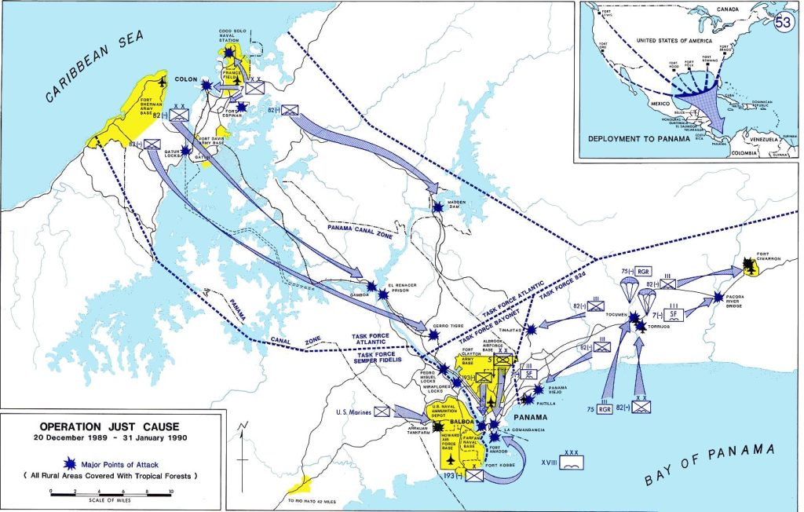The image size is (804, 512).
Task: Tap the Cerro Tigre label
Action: tap(438, 324)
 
